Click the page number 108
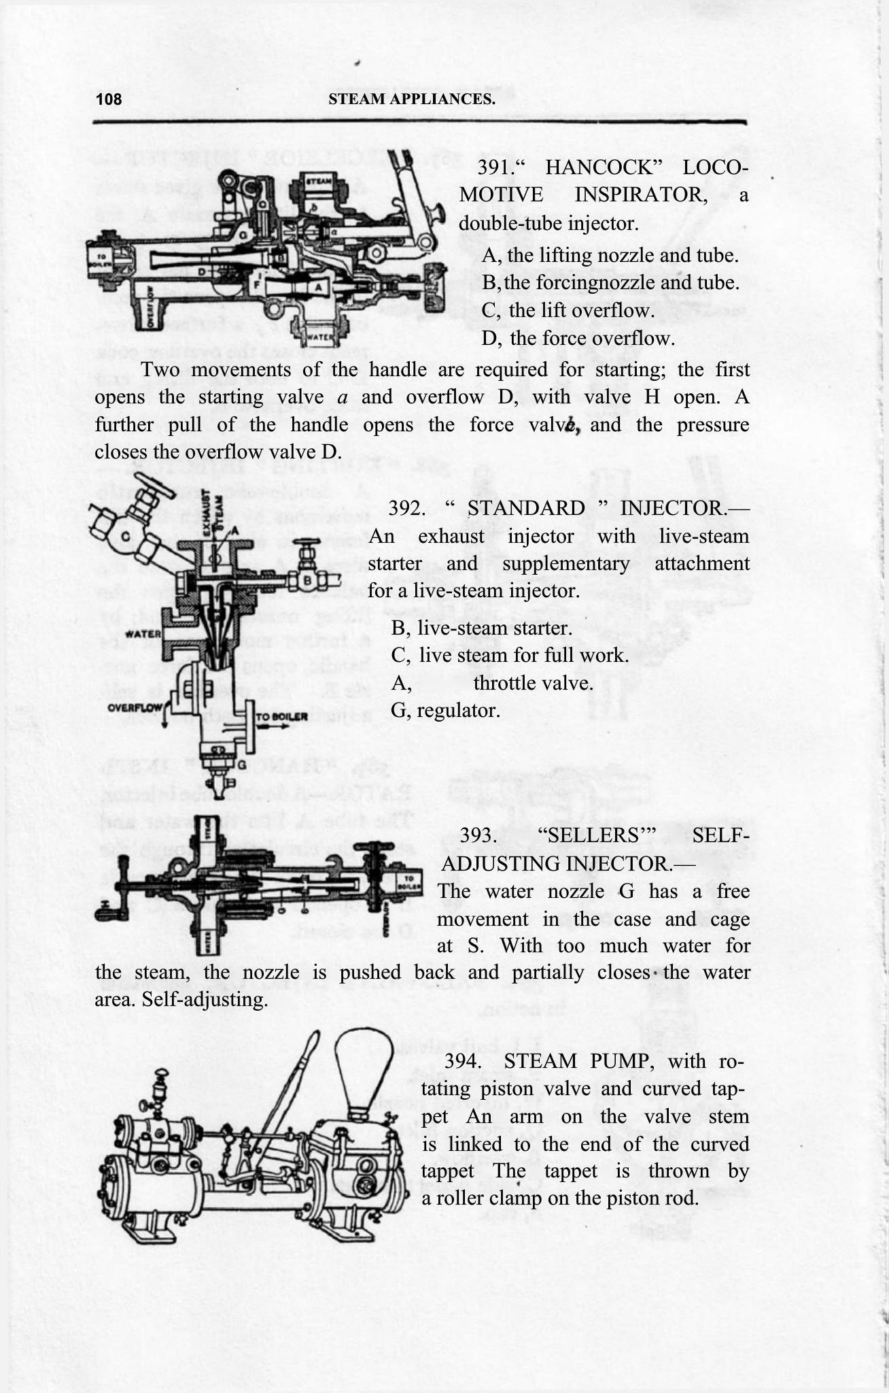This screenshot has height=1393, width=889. pyautogui.click(x=109, y=99)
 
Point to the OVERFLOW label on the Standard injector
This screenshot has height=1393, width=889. pyautogui.click(x=135, y=707)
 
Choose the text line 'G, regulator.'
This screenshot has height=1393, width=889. pyautogui.click(x=445, y=711)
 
